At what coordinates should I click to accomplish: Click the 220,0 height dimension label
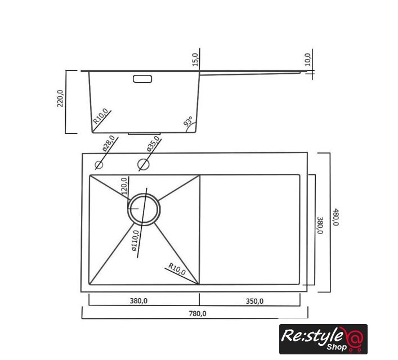pos(60,98)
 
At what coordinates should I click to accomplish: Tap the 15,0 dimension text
pos(195,60)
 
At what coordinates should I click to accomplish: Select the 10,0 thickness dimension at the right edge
pos(307,60)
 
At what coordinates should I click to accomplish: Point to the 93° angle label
pos(188,121)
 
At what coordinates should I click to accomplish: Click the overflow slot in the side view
pos(142,79)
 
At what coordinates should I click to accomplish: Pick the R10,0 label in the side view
pos(101,116)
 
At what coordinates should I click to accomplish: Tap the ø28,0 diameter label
pos(109,144)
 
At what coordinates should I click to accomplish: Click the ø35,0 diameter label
pos(153,144)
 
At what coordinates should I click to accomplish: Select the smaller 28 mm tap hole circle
pos(99,165)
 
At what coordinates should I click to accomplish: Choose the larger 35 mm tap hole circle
pos(144,164)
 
